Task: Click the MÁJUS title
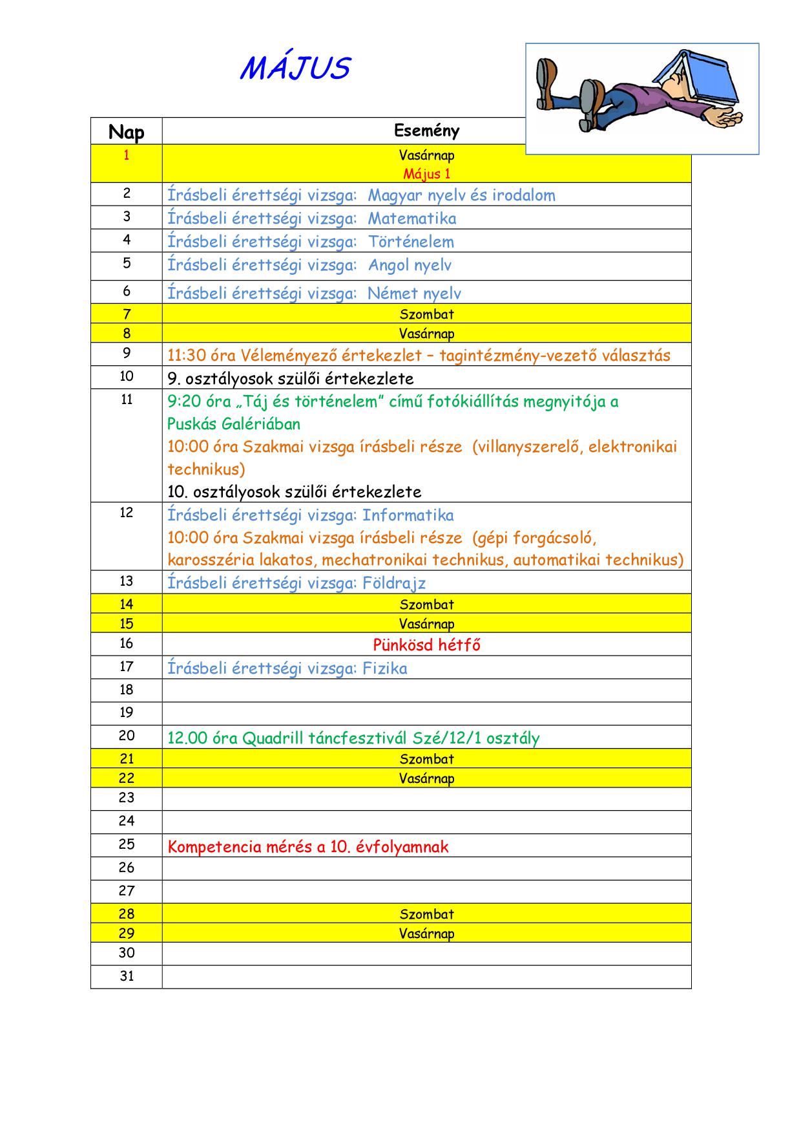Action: pyautogui.click(x=295, y=69)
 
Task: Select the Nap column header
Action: pyautogui.click(x=126, y=132)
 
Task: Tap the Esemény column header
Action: pyautogui.click(x=426, y=131)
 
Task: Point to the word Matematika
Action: pyautogui.click(x=411, y=219)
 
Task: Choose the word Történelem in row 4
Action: pyautogui.click(x=411, y=242)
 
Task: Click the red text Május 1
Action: pyautogui.click(x=426, y=174)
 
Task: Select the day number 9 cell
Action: pyautogui.click(x=126, y=353)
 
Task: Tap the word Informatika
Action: pyautogui.click(x=408, y=515)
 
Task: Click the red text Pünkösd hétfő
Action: pyautogui.click(x=426, y=645)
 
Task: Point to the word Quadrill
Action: pyautogui.click(x=273, y=738)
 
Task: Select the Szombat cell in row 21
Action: pyautogui.click(x=426, y=759)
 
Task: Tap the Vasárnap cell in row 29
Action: pyautogui.click(x=426, y=934)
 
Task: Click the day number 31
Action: pyautogui.click(x=126, y=976)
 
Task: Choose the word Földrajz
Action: pyautogui.click(x=394, y=583)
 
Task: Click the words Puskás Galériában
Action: pyautogui.click(x=234, y=424)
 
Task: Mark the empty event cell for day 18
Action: pyautogui.click(x=426, y=690)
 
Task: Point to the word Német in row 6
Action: pyautogui.click(x=388, y=294)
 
